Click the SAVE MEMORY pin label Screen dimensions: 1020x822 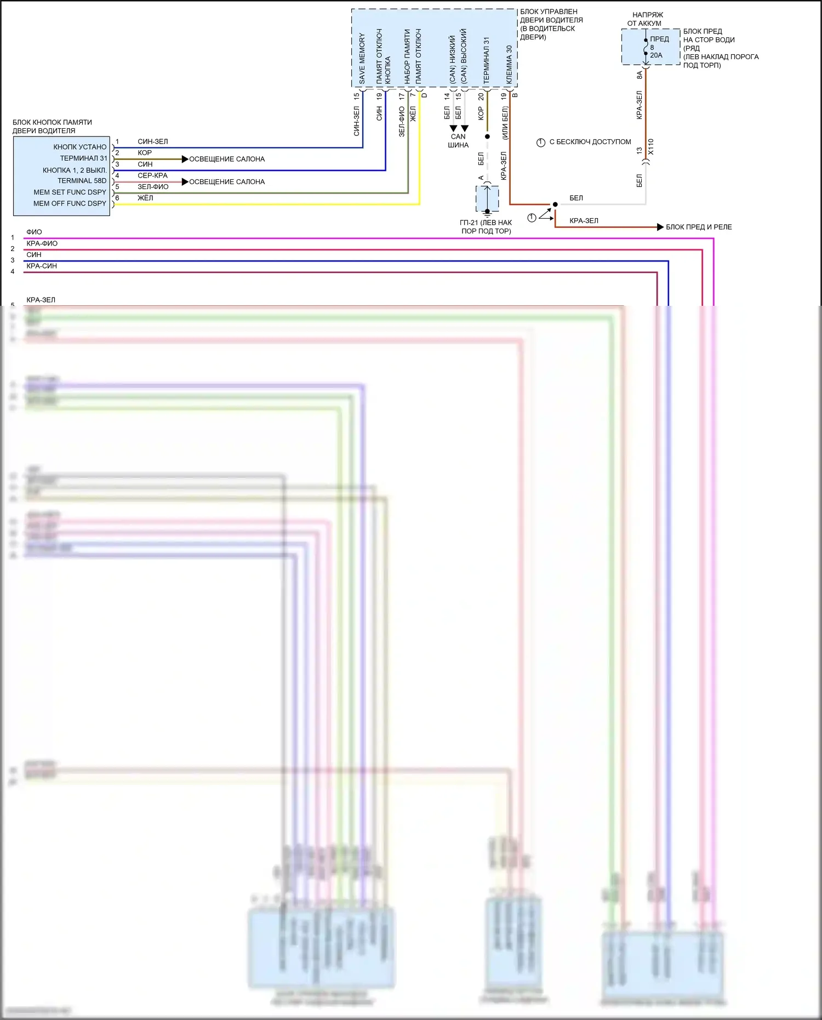click(362, 59)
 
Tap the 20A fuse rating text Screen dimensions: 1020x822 click(656, 55)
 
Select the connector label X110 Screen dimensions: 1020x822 click(651, 147)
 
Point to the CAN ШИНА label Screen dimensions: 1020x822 click(458, 141)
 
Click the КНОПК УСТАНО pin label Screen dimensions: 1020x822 click(80, 147)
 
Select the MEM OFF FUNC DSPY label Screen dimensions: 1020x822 click(70, 203)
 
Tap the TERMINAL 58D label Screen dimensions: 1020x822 click(82, 181)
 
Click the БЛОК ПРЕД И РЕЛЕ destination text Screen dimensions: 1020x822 click(699, 227)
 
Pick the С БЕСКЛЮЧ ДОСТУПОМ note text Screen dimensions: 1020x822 click(590, 142)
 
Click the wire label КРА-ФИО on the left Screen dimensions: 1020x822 click(42, 243)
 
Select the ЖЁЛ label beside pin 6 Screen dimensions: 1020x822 click(145, 198)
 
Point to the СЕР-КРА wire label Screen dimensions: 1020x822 click(152, 175)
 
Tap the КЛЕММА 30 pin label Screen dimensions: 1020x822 click(509, 64)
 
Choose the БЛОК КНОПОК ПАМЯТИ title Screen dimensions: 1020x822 click(52, 127)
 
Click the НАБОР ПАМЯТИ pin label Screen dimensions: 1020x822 click(407, 56)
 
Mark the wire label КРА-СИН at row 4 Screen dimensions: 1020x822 click(42, 266)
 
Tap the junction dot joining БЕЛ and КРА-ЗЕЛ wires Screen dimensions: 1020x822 click(555, 204)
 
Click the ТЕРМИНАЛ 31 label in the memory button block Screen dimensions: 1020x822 click(83, 158)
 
